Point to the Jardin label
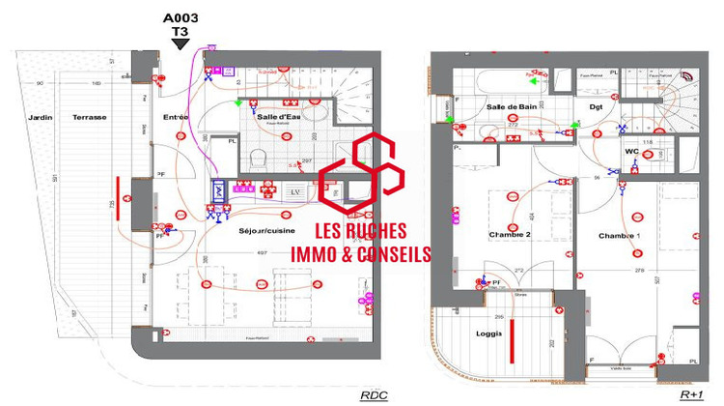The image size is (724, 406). coord(40,118)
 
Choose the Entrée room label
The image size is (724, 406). coord(176,118)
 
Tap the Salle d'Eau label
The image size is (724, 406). coord(279,118)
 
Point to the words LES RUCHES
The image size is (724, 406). coord(361,232)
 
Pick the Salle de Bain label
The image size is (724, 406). coord(511,107)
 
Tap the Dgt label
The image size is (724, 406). coord(596,107)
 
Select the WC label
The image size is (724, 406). coord(630,152)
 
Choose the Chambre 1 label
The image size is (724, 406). coord(619,237)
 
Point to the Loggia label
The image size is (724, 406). coord(488,333)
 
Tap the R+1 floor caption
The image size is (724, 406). coord(691,395)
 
